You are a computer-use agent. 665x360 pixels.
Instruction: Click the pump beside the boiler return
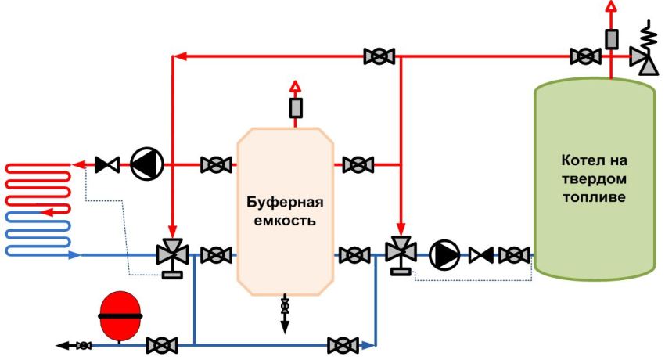[x=444, y=254]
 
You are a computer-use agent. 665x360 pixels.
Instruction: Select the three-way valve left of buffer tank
[x=171, y=254]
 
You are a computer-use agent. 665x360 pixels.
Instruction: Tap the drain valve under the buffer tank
[x=284, y=306]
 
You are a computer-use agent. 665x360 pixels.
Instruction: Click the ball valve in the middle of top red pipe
[x=379, y=56]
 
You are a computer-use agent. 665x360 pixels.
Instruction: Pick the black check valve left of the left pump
[x=106, y=164]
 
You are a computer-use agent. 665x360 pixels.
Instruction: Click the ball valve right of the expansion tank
[x=162, y=344]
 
